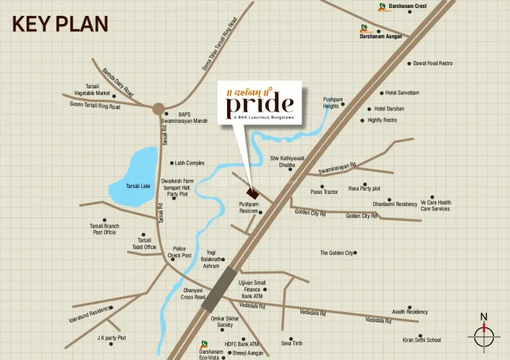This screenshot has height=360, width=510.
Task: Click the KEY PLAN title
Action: point(60,24)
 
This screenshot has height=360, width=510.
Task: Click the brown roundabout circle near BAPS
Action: point(158,108)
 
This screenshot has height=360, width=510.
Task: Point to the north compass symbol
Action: point(484,332)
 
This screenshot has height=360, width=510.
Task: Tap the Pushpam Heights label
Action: point(331,102)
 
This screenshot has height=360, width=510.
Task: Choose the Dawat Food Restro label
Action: point(433,64)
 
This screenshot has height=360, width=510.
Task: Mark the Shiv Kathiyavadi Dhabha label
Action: point(287,161)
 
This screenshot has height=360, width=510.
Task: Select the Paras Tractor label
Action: point(325,192)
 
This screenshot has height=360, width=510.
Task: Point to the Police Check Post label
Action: point(179,252)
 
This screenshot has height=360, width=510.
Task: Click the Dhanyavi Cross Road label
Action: point(194,294)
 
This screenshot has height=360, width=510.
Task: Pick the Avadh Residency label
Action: point(410,312)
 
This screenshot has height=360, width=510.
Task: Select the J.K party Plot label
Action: point(112,338)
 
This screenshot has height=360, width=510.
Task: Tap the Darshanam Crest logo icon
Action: point(382,7)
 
